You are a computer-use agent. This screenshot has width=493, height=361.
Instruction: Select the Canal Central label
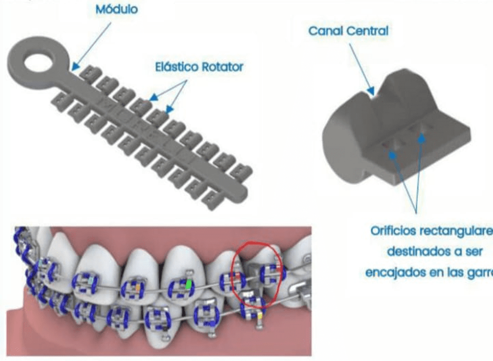pos(348,31)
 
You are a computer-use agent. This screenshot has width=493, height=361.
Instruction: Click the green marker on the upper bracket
pos(188,285)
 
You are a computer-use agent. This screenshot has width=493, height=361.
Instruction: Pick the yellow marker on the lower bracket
pos(260,316)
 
